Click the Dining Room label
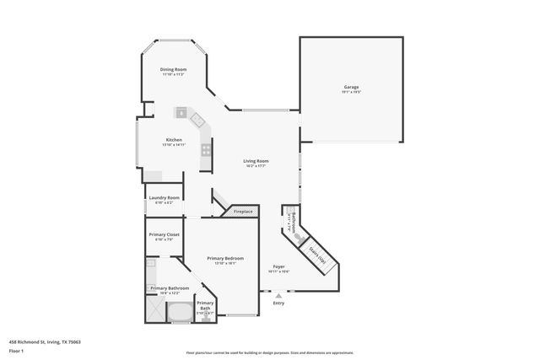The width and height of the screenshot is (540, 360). [174, 69]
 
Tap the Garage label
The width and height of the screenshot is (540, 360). [351, 88]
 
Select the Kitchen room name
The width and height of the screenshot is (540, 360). [174, 139]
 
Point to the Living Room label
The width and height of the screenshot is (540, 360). [256, 160]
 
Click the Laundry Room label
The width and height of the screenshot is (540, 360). [165, 197]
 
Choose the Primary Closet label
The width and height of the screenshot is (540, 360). [164, 234]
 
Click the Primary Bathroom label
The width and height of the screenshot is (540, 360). [170, 288]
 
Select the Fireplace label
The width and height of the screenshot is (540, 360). [243, 211]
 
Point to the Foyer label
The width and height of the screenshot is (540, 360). [278, 266]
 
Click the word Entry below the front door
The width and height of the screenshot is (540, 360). [278, 303]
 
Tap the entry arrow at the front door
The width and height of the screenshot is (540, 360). [278, 295]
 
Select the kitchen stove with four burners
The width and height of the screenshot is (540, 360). [206, 152]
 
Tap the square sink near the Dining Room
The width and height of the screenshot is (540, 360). [181, 112]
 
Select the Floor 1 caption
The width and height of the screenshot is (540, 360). [15, 350]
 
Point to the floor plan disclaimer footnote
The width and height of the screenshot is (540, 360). [269, 353]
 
